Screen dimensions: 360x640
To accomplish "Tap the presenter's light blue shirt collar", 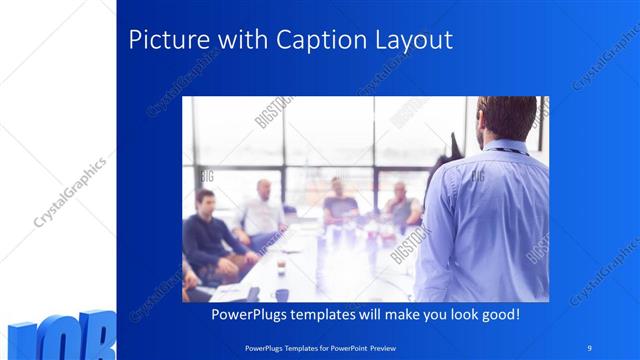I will (x=507, y=149).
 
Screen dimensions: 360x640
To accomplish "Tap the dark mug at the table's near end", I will (x=282, y=294).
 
